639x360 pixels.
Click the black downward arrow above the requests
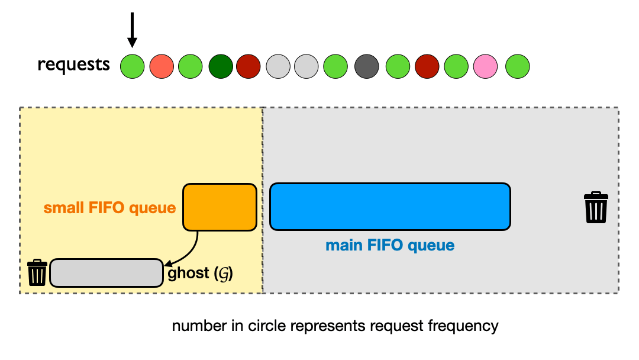(x=132, y=30)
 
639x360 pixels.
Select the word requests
(x=73, y=65)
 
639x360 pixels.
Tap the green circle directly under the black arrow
(x=133, y=66)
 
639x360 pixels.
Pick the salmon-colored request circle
(x=162, y=66)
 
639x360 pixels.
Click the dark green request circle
(x=221, y=66)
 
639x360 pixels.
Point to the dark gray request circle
(x=367, y=66)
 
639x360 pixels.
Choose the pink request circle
(x=485, y=66)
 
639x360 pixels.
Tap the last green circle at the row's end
(x=518, y=66)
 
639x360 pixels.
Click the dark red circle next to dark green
(x=248, y=66)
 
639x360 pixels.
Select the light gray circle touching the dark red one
(x=279, y=66)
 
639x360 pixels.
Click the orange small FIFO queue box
(x=220, y=207)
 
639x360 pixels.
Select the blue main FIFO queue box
(x=390, y=207)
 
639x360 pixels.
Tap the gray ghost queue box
(x=106, y=273)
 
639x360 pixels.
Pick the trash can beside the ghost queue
(x=37, y=272)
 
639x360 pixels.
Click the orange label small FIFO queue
(x=109, y=208)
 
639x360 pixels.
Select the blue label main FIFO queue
(x=390, y=245)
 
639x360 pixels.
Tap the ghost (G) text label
(x=200, y=274)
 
